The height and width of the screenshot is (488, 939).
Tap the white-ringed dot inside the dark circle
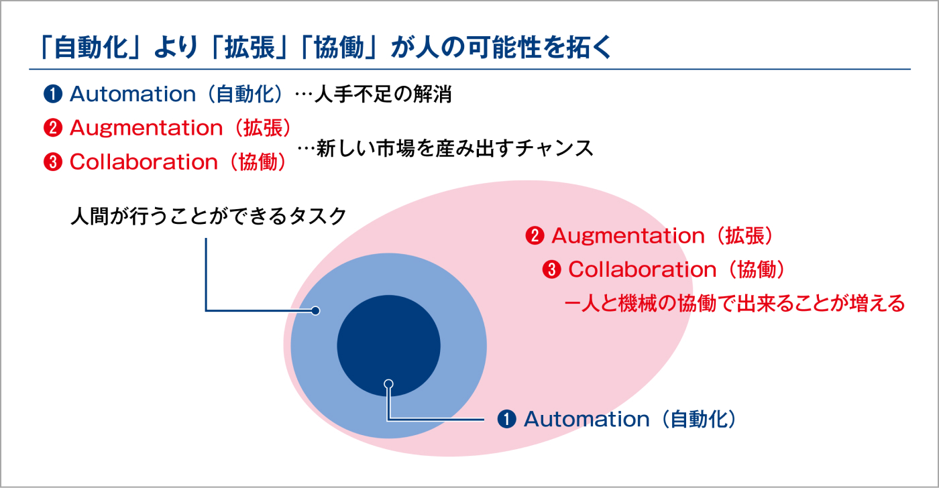(388, 384)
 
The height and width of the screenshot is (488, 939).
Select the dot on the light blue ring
(315, 310)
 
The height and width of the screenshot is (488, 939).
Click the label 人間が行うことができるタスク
(209, 217)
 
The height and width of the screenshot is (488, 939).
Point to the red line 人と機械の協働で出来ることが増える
(735, 304)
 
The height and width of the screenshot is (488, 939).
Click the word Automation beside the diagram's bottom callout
(586, 419)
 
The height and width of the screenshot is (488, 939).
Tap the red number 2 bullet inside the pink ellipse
(535, 236)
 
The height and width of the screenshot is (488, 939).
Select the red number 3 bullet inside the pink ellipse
(551, 270)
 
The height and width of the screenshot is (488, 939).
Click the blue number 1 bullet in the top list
(52, 94)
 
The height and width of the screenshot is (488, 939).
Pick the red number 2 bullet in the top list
(52, 127)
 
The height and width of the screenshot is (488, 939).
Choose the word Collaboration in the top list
(144, 162)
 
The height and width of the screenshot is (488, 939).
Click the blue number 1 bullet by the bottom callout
(506, 419)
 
